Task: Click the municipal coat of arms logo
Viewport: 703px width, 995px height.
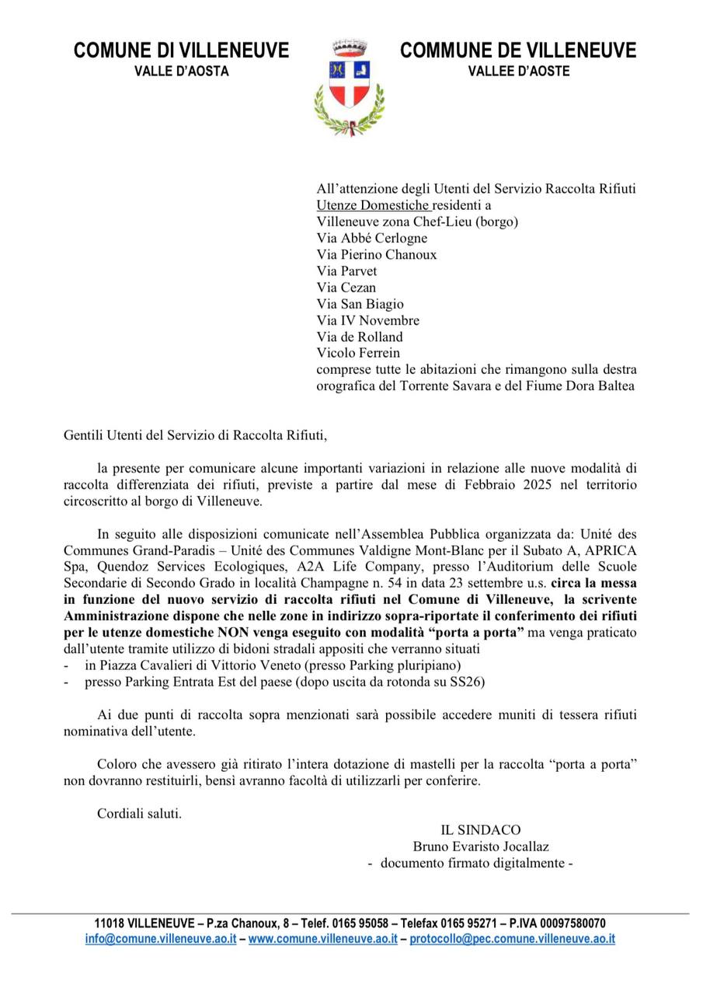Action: pos(349,87)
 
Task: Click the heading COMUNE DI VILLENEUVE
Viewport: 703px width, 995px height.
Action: pos(181,51)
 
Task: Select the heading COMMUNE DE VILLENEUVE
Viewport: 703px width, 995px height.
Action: pos(518,51)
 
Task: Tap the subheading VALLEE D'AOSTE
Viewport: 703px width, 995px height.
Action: pos(518,72)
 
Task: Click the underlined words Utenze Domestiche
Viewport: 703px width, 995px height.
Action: pos(373,205)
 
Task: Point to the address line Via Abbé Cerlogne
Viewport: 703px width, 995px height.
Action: pos(371,238)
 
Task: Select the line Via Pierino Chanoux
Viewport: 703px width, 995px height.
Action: pos(376,254)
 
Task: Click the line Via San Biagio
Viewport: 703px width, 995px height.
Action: pos(360,304)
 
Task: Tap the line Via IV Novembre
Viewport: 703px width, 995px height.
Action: pos(367,320)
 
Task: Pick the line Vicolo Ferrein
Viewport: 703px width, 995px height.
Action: pos(358,352)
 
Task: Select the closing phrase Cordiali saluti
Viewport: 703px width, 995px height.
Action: pos(139,814)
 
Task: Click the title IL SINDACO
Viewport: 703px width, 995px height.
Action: pos(481,830)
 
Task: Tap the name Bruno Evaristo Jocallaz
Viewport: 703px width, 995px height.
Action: pos(481,847)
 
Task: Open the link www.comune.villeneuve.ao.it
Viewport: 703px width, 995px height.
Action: pos(322,938)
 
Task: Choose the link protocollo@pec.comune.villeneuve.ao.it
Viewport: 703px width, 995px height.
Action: pos(513,938)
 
